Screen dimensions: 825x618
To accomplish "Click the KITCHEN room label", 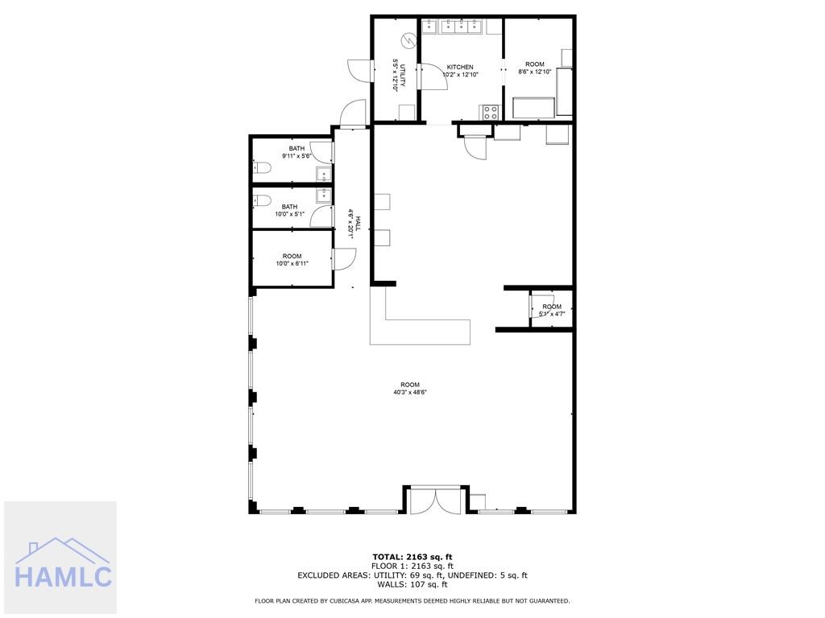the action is (460, 68).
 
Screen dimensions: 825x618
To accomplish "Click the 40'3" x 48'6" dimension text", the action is (410, 392).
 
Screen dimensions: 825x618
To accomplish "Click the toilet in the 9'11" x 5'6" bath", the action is (262, 168).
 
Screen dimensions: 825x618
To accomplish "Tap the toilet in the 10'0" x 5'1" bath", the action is (262, 200).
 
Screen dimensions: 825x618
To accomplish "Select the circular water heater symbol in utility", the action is (408, 40).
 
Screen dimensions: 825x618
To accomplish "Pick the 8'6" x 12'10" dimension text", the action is (535, 72).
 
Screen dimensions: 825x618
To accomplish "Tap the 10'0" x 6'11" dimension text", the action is (292, 264).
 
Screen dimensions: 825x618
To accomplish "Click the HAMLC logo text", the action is (63, 576).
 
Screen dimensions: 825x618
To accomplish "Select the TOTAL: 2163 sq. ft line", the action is (412, 557).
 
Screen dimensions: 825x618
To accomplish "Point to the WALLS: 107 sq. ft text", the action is (412, 584).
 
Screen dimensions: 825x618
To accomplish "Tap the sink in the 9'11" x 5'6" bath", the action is (324, 174).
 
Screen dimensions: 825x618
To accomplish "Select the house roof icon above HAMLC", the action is (63, 550).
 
